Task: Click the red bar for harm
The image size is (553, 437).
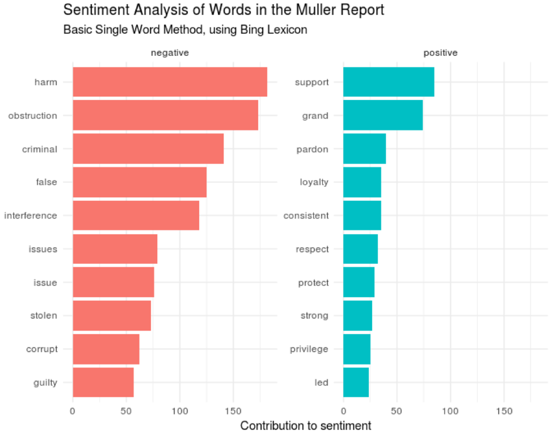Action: (170, 82)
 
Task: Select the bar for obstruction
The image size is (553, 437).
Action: (165, 115)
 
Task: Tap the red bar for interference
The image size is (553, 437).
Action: (136, 215)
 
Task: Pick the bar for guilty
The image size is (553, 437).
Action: (103, 382)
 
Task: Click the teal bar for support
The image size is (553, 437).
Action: (389, 82)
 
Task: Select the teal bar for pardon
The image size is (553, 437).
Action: (364, 149)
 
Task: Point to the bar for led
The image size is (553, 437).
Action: (356, 382)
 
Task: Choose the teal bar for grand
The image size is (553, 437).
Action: (383, 115)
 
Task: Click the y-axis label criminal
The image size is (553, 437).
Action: (40, 149)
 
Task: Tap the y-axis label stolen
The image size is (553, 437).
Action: (44, 316)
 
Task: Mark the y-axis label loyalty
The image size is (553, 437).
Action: (314, 182)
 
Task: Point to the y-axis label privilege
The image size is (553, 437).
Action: (309, 349)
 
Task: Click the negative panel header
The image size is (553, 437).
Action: (170, 53)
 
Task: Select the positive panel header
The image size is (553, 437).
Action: (440, 53)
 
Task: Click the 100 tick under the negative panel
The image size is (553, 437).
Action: (180, 411)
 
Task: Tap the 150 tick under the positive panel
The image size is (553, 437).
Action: (504, 411)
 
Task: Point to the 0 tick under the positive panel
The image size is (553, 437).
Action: (343, 411)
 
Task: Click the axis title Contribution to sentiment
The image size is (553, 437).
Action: (306, 426)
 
